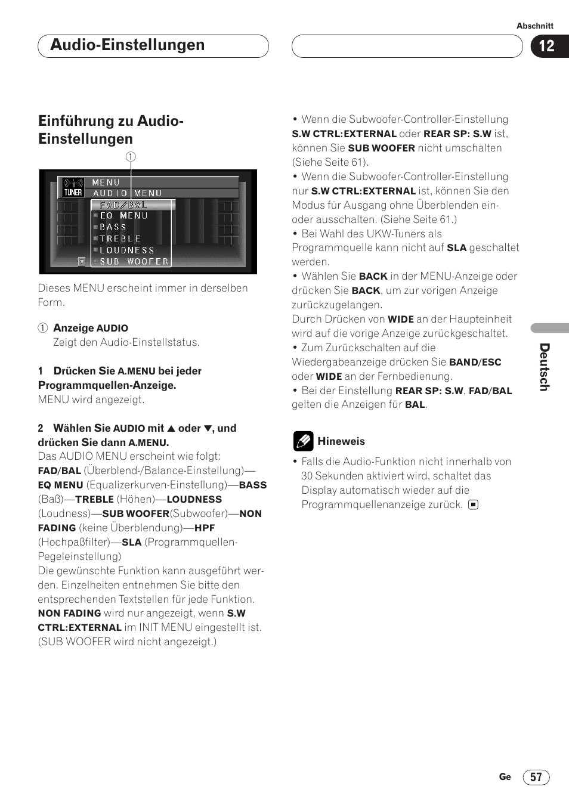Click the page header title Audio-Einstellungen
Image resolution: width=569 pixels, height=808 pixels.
coord(128,45)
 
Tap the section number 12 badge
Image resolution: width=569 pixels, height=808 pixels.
coord(546,46)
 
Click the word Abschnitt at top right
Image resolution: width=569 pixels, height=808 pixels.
coord(534,26)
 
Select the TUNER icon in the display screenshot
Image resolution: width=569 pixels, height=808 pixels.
coord(73,188)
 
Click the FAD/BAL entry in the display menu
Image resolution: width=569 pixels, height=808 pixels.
coord(123,205)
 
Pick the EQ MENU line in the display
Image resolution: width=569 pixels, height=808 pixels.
coord(123,216)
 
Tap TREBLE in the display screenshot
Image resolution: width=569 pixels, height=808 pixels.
coord(120,239)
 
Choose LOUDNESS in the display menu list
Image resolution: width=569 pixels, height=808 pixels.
coord(126,250)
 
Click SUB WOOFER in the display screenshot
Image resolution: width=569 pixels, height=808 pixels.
coord(134,261)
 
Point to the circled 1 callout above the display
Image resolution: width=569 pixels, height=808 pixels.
coord(131,157)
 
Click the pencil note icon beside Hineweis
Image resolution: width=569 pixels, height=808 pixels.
coord(303,441)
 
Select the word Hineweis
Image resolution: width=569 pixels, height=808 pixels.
coord(341,441)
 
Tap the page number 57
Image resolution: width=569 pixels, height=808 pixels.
coord(536,777)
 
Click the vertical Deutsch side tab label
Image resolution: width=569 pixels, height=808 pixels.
coord(544,367)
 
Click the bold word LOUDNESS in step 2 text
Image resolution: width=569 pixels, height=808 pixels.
coord(194,499)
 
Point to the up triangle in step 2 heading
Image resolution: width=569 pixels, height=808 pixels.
coord(171,428)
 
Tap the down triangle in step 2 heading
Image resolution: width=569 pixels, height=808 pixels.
coord(208,428)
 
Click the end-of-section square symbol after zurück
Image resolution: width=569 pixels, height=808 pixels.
coord(473,504)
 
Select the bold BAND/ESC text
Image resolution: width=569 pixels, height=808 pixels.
coord(475,362)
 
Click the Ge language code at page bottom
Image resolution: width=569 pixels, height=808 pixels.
coord(505,776)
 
